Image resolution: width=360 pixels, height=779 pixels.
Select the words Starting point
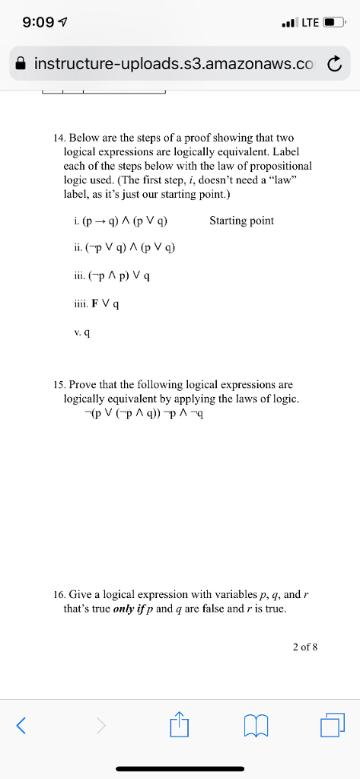[x=241, y=221]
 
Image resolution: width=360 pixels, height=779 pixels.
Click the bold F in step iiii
[x=94, y=304]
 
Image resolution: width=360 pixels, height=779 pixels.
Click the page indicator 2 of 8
[x=304, y=647]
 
